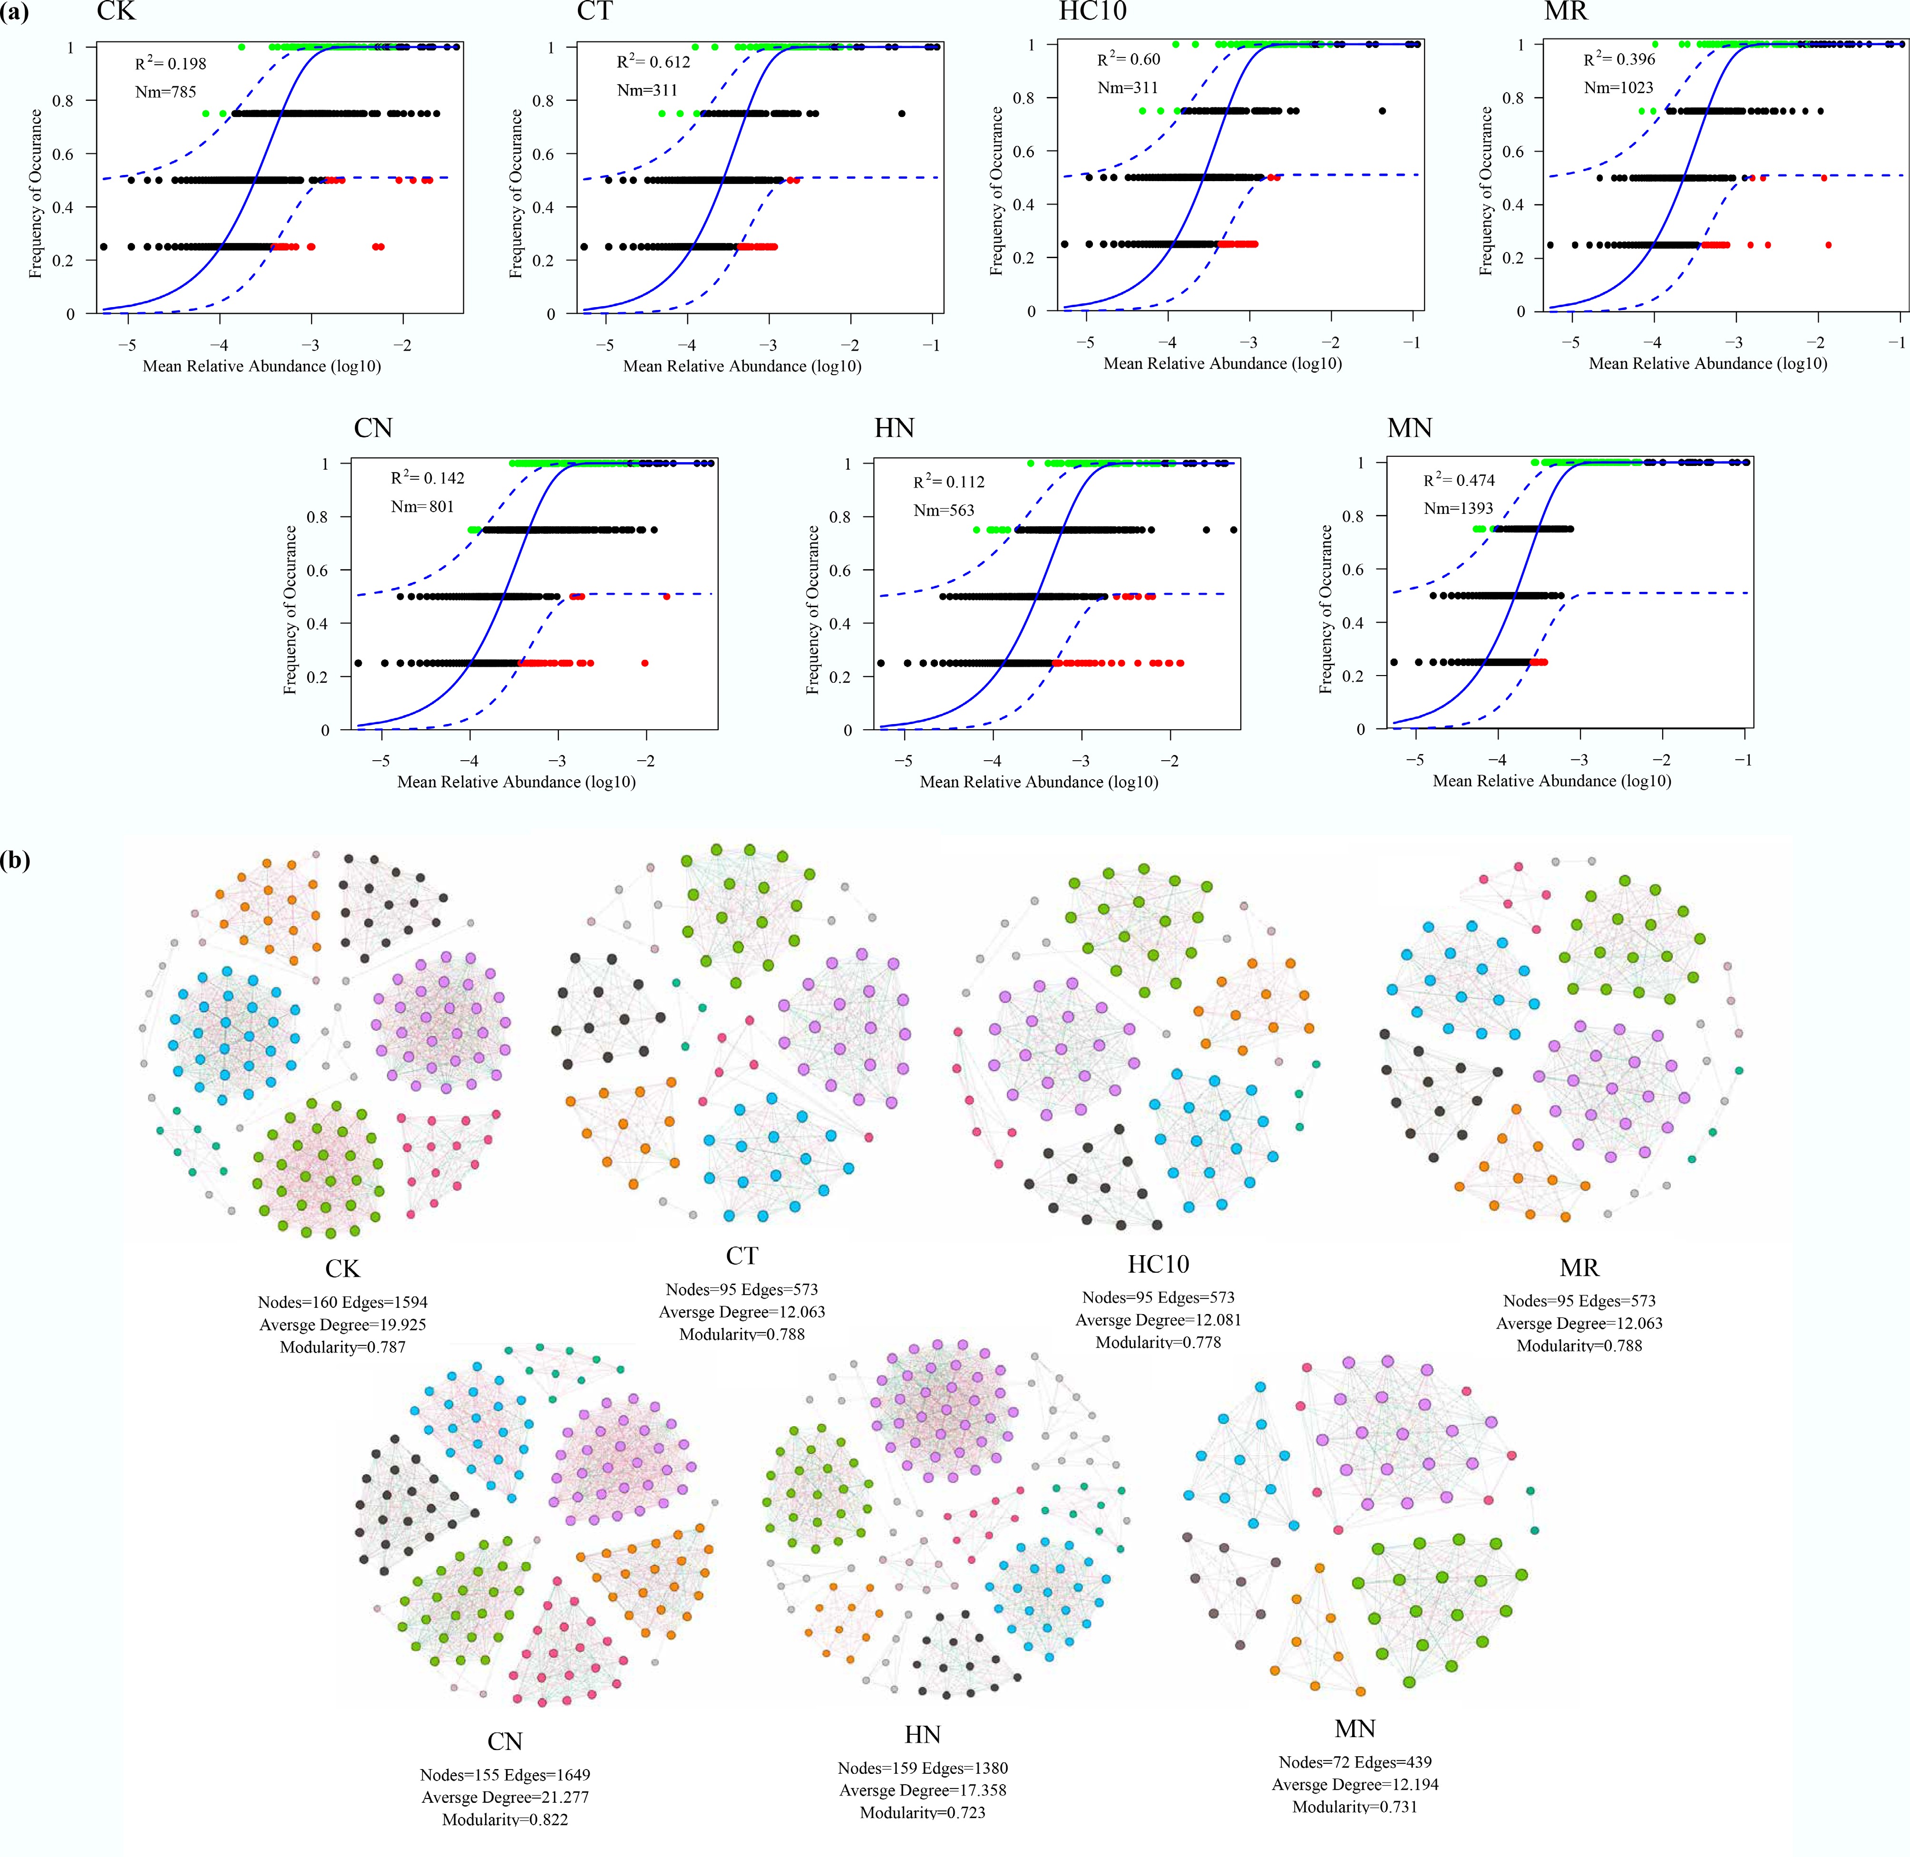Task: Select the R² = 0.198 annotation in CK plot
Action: tap(171, 64)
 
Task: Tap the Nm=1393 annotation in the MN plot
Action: tap(1458, 508)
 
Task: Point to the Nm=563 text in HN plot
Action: tap(943, 510)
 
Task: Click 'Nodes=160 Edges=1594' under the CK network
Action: tap(342, 1302)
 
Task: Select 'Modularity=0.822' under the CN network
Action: tap(504, 1819)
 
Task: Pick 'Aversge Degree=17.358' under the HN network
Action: tap(922, 1789)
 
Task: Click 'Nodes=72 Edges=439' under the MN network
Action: tap(1355, 1761)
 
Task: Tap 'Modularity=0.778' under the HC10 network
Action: tap(1158, 1342)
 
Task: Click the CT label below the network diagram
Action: tap(741, 1256)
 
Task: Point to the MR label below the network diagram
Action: tap(1579, 1268)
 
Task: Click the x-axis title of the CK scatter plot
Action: tap(262, 367)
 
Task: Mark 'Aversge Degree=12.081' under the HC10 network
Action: tap(1158, 1320)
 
